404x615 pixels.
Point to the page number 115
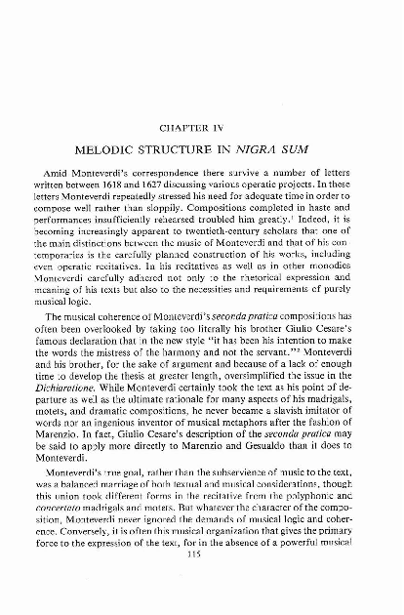[x=203, y=584]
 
